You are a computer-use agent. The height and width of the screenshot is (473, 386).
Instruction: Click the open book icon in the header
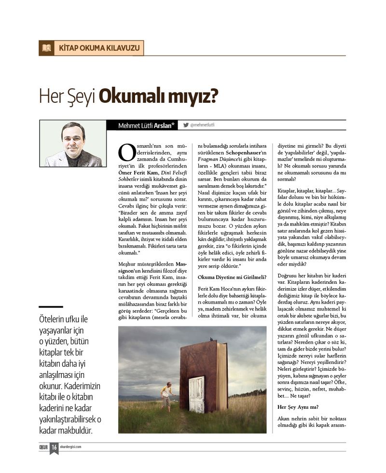46,48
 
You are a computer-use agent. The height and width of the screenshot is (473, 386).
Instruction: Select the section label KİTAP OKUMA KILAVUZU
99,48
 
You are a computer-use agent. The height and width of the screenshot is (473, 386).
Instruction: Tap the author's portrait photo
73,143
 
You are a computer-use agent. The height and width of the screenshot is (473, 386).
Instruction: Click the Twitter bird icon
186,125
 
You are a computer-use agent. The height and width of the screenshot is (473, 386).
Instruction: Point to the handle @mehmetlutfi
203,125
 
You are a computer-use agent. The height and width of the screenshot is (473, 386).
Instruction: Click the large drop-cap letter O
126,153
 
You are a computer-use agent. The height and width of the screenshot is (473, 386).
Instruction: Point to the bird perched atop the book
211,339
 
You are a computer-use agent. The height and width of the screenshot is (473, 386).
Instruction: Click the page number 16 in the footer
55,447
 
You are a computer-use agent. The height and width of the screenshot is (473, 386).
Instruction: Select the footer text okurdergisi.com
70,447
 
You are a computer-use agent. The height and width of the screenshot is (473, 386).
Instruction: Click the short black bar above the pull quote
51,306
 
